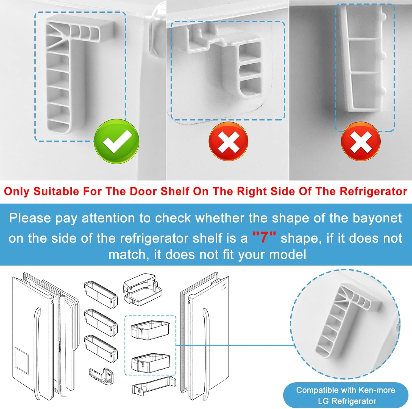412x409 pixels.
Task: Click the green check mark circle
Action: (116, 141)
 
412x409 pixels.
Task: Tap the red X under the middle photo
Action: (229, 142)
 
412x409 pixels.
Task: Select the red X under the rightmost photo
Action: (361, 141)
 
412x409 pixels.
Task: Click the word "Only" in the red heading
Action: (17, 192)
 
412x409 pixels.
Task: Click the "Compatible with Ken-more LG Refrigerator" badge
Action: (346, 395)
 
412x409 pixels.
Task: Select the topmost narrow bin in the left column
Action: (101, 294)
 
